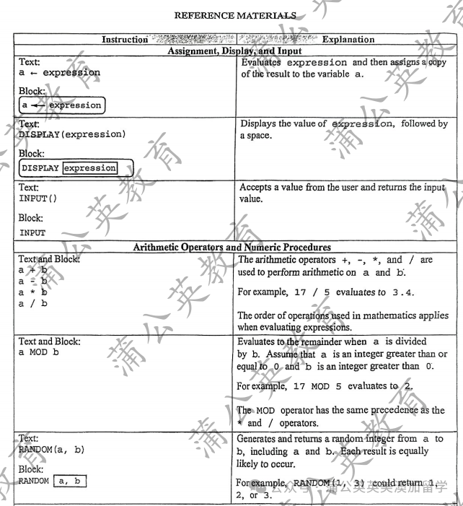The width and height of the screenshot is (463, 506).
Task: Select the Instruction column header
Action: [x=124, y=40]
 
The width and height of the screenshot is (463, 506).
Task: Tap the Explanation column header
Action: [x=348, y=40]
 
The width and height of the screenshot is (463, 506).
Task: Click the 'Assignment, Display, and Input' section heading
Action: [x=234, y=51]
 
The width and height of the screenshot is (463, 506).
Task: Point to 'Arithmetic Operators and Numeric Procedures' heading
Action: [x=235, y=248]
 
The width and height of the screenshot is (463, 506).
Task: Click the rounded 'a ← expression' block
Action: [x=60, y=105]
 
